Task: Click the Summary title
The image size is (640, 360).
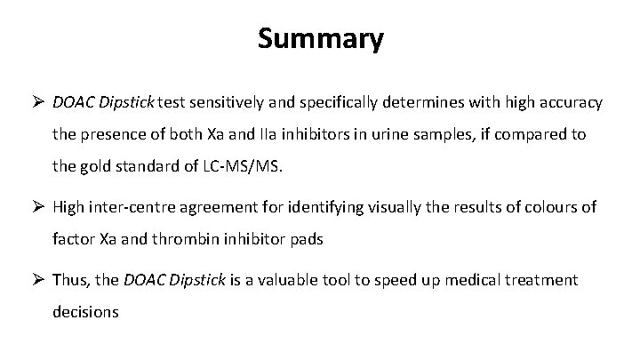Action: click(321, 39)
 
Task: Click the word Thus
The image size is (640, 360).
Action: click(69, 280)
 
